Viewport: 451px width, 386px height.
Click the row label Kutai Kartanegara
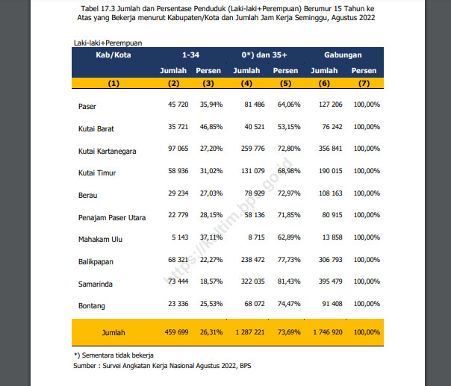[107, 152]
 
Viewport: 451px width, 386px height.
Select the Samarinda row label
[96, 284]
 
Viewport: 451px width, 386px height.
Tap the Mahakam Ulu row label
[100, 240]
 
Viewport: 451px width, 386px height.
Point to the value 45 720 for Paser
[178, 105]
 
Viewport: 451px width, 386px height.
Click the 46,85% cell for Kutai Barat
[211, 127]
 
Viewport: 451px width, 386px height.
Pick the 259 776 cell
[253, 149]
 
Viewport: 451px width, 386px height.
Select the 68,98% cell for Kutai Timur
[289, 171]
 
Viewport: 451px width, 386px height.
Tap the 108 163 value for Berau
[331, 193]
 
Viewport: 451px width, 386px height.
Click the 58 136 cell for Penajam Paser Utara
[255, 215]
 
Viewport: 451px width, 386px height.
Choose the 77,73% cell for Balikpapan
[289, 260]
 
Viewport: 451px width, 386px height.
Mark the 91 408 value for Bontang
[332, 304]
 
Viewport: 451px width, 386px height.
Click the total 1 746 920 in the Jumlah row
[328, 332]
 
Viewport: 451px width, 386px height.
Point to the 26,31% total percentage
[211, 332]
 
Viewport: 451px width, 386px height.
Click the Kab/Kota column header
[113, 55]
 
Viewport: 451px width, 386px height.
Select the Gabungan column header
[343, 55]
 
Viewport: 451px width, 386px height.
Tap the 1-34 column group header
[190, 55]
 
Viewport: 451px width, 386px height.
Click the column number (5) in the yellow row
[286, 84]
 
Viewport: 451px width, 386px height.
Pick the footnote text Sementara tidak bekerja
[118, 355]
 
